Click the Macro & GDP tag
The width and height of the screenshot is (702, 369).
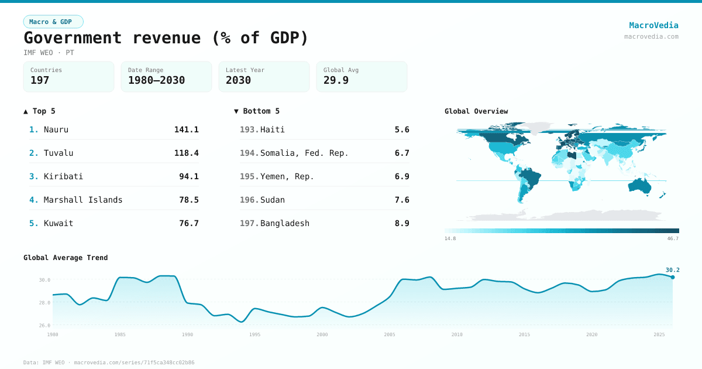pos(53,22)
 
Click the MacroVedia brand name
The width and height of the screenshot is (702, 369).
pos(653,25)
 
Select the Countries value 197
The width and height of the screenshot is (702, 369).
pos(40,80)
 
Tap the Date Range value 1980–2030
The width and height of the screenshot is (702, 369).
pos(156,80)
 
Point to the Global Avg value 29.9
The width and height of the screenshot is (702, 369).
pos(336,80)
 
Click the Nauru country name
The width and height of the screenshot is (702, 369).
pos(56,129)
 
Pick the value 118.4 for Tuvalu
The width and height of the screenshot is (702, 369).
pos(186,153)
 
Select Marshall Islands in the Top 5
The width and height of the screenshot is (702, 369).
pos(83,200)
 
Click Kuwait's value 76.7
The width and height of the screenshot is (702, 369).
pos(188,223)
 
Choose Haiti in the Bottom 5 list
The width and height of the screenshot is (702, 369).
pos(273,129)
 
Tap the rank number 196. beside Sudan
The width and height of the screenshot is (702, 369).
pos(249,200)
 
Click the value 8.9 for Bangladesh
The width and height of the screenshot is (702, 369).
pos(402,223)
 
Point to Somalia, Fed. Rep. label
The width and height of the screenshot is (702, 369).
pos(304,153)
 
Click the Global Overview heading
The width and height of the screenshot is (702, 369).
pos(476,111)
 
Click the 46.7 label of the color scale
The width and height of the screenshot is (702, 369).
pos(673,238)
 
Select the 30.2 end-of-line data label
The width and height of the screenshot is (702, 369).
pos(672,270)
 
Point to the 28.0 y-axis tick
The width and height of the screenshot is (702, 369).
pos(45,303)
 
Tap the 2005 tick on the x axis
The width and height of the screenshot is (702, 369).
pos(389,334)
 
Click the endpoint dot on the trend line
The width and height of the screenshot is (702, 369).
pos(672,277)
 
